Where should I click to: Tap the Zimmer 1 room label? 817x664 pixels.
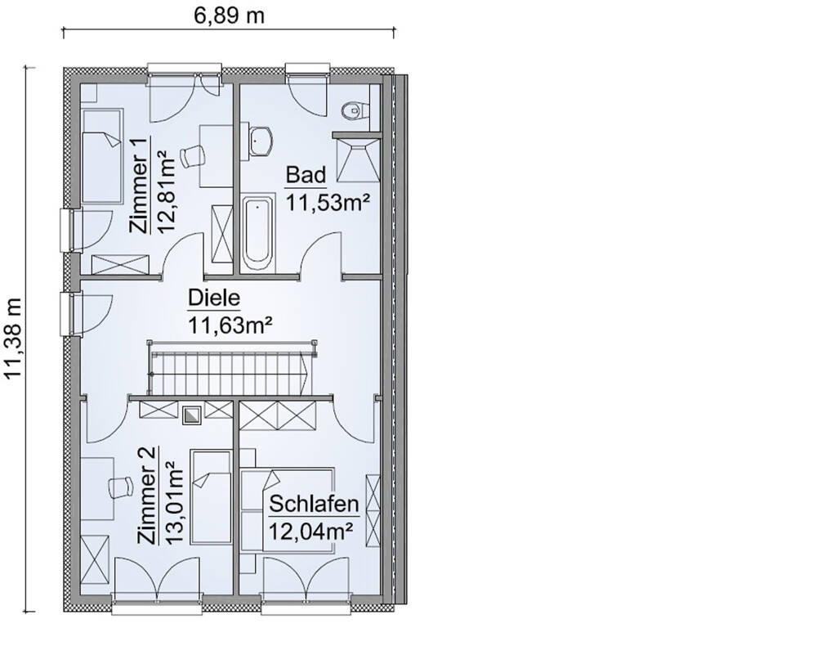[x=140, y=186]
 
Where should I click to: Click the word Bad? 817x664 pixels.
[x=306, y=174]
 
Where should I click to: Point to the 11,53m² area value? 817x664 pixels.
[x=324, y=201]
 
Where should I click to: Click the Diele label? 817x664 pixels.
[x=210, y=298]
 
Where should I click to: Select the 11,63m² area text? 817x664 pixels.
[x=230, y=326]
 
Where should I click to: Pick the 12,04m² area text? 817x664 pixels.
[x=310, y=531]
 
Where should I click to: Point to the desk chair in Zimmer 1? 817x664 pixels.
[x=193, y=155]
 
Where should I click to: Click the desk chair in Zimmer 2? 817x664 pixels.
[x=120, y=486]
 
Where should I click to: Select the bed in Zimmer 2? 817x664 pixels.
[x=211, y=496]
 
